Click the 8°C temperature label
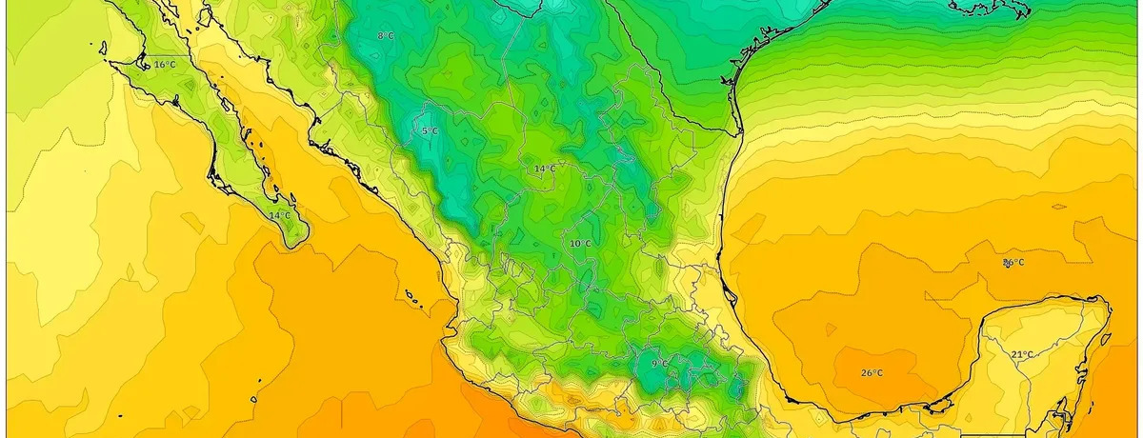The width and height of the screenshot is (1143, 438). pos(385,35)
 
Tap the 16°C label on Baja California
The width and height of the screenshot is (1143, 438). pos(165,65)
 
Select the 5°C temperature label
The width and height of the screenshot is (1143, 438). pos(430,130)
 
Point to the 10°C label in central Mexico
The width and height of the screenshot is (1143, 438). pos(580,244)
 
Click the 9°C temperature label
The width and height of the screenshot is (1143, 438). pos(659,364)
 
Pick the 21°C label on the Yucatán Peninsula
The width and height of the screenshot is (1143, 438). pos(1022,354)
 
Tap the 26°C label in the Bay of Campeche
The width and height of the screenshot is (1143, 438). pos(872,372)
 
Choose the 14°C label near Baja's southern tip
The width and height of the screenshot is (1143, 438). pos(279,216)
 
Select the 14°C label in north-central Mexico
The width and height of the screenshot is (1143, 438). pos(545,169)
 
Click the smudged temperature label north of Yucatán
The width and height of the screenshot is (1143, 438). pos(1013,262)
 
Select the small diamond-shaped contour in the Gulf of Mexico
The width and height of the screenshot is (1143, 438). pos(1058,207)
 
